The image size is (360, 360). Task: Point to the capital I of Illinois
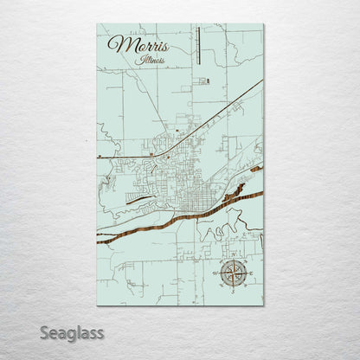pyautogui.click(x=137, y=60)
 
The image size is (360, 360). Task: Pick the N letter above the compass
pyautogui.click(x=235, y=257)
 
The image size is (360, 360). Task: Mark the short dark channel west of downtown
pyautogui.click(x=138, y=198)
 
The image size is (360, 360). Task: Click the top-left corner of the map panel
pyautogui.click(x=98, y=25)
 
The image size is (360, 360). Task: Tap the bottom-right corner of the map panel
pyautogui.click(x=263, y=305)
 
